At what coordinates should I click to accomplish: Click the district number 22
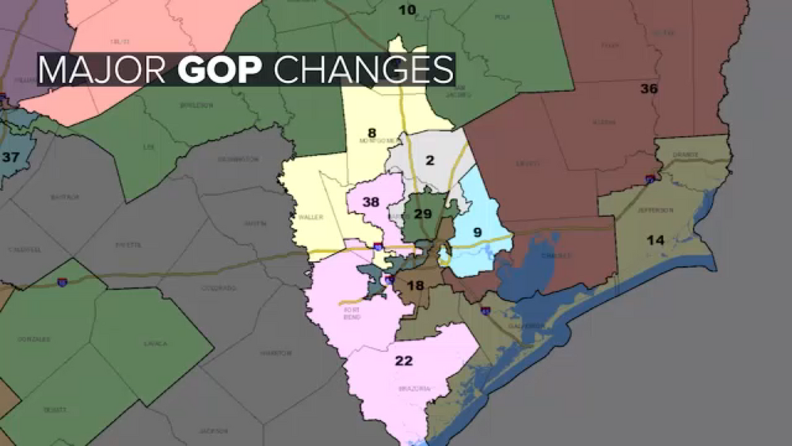404,361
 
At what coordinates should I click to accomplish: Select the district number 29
423,214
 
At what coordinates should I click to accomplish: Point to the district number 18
416,286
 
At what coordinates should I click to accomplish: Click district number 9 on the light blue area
477,232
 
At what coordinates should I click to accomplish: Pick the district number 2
430,161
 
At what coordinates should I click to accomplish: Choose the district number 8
371,132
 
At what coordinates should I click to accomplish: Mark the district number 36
649,89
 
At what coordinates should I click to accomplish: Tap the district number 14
655,240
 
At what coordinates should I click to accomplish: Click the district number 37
10,157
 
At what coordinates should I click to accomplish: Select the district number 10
406,10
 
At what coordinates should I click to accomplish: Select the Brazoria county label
413,389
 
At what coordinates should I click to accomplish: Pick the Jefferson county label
657,210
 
